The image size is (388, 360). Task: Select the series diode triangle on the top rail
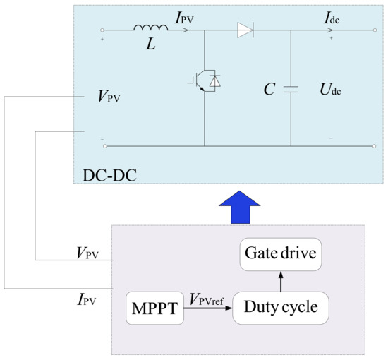(244, 30)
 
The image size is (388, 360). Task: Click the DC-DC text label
(106, 171)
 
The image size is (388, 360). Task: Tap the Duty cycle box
(280, 308)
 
